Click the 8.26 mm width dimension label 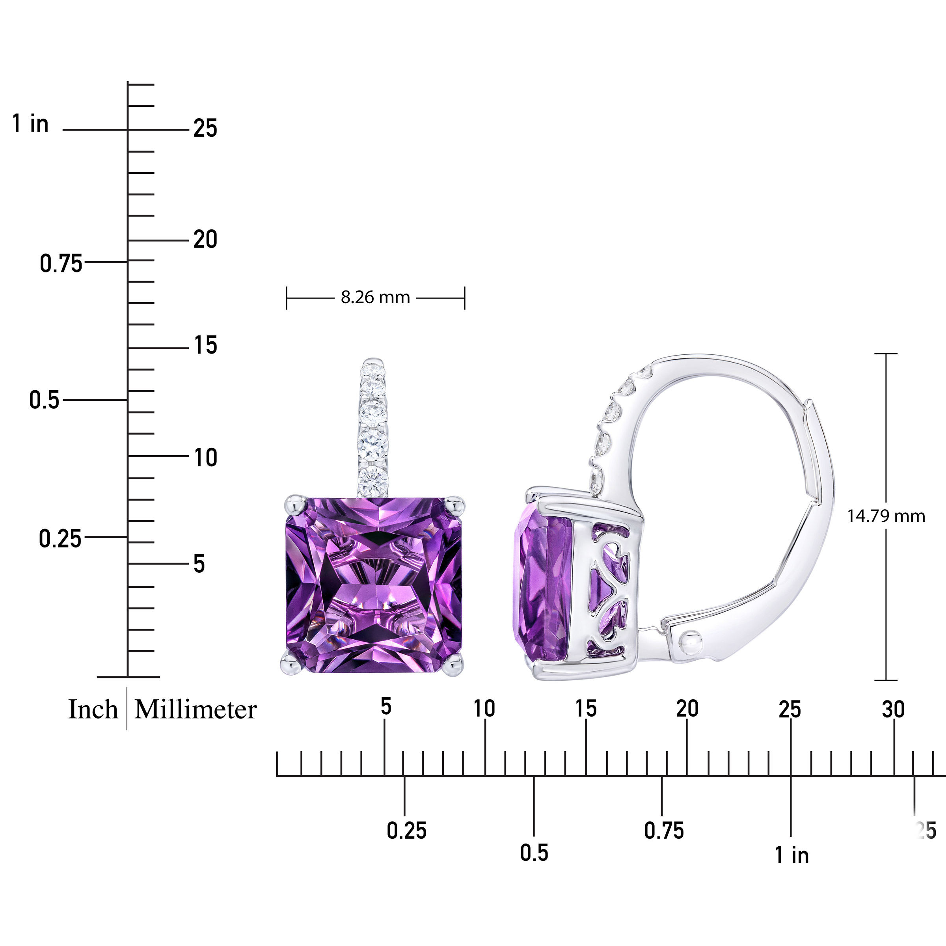pos(375,297)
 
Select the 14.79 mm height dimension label pos(886,516)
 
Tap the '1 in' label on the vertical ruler pos(30,123)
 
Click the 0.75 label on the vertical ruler pos(61,264)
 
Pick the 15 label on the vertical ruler pos(205,346)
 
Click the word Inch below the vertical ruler pos(93,709)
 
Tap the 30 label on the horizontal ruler pos(893,709)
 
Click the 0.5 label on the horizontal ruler pos(534,853)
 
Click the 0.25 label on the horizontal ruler pos(406,831)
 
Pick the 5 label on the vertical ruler pos(199,564)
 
